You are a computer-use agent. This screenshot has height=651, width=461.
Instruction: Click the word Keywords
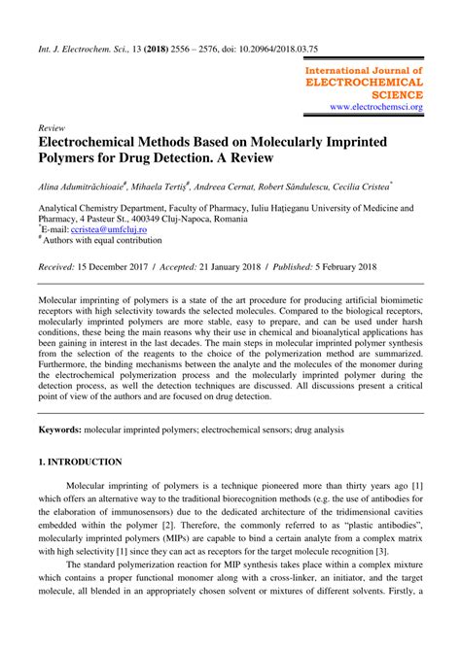[x=58, y=428]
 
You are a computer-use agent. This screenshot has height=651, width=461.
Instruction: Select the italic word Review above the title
[x=52, y=128]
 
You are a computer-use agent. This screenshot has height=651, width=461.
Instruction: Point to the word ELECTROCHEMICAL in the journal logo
[x=364, y=84]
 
